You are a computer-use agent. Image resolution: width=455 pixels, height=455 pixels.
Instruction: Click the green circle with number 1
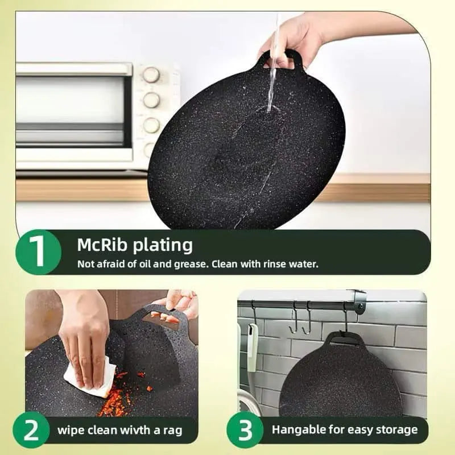coord(38,252)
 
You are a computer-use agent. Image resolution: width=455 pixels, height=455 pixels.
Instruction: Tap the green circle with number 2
coord(31,430)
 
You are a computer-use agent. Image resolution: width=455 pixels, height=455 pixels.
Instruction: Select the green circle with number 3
coord(245,430)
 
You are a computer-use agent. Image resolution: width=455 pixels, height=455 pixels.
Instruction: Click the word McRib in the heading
coord(102,245)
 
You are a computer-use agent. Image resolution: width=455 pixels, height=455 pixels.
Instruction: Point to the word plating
coord(163,246)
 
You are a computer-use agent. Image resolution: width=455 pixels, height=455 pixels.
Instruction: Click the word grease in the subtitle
coord(190,264)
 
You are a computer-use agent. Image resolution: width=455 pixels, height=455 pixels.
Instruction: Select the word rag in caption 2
coord(172,431)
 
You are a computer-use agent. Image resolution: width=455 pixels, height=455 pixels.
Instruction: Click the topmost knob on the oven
coord(151,75)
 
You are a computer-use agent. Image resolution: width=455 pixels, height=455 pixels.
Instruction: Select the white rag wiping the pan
coord(90,379)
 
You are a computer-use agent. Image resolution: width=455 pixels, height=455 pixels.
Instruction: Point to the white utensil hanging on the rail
coord(252,348)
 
